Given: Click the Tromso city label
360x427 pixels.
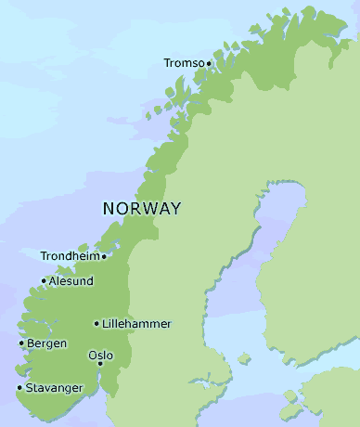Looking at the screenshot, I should point(184,63).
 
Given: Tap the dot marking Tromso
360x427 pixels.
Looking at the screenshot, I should point(209,63).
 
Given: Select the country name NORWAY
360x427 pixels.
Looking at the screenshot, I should point(142,208).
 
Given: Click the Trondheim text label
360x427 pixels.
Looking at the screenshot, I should point(70,256).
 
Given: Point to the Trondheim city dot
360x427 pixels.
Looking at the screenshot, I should point(104,256).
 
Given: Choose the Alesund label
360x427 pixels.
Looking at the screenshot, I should point(71,281).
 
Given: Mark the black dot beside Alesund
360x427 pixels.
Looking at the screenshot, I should point(44,281).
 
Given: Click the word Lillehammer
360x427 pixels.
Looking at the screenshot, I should point(136,323).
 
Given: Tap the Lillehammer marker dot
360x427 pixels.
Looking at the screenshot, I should point(96,323).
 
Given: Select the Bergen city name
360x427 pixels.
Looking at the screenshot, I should point(47,343).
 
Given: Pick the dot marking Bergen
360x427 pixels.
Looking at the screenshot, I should point(21,343).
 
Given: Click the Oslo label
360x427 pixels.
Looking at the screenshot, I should point(100,356).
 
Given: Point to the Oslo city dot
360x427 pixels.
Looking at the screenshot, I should point(102,366).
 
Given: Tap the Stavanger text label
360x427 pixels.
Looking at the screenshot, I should point(55,388).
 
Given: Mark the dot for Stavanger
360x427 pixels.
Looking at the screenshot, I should point(19,388).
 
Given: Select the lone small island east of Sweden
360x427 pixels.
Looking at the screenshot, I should point(244,358).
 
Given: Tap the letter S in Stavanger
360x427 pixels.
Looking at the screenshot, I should point(30,388).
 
